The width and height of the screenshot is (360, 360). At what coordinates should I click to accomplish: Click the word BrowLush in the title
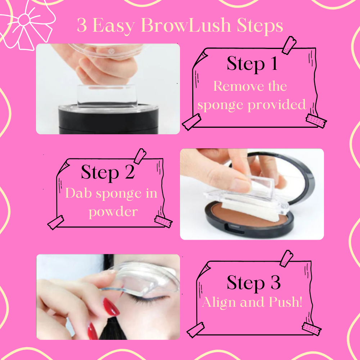pyautogui.click(x=186, y=25)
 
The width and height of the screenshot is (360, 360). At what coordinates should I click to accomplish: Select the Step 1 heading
pyautogui.click(x=252, y=63)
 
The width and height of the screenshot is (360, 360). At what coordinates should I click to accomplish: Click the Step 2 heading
pyautogui.click(x=108, y=172)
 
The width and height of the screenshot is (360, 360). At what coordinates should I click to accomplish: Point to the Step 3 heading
pyautogui.click(x=253, y=283)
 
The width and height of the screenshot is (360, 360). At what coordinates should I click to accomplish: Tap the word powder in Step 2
pyautogui.click(x=113, y=212)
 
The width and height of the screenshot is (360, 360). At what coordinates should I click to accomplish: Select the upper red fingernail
pyautogui.click(x=111, y=307)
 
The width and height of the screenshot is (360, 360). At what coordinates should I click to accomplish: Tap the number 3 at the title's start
pyautogui.click(x=82, y=25)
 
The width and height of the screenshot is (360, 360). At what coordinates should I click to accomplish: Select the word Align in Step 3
pyautogui.click(x=219, y=302)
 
